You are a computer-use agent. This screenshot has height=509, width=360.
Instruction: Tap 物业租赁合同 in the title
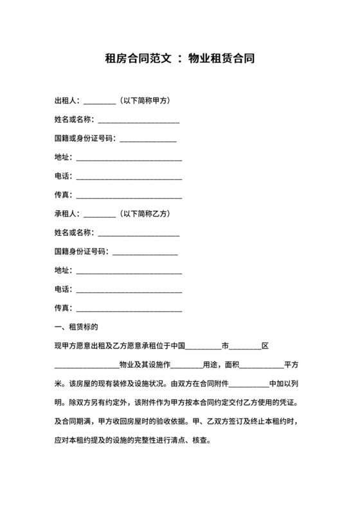[x=222, y=59]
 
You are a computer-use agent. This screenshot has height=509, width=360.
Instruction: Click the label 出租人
[x=66, y=101]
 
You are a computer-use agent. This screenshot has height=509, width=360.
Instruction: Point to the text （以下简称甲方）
[x=147, y=101]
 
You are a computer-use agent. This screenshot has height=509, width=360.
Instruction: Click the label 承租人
[x=66, y=213]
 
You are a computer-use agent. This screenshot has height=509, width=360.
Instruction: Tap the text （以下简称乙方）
[x=147, y=213]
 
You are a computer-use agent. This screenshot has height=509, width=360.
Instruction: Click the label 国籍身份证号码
[x=81, y=251]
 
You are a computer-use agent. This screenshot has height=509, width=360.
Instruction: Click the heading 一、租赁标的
[x=75, y=326]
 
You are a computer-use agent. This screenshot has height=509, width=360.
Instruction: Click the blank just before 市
[x=203, y=348]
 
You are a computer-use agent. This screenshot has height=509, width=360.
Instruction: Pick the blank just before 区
[x=245, y=348]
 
